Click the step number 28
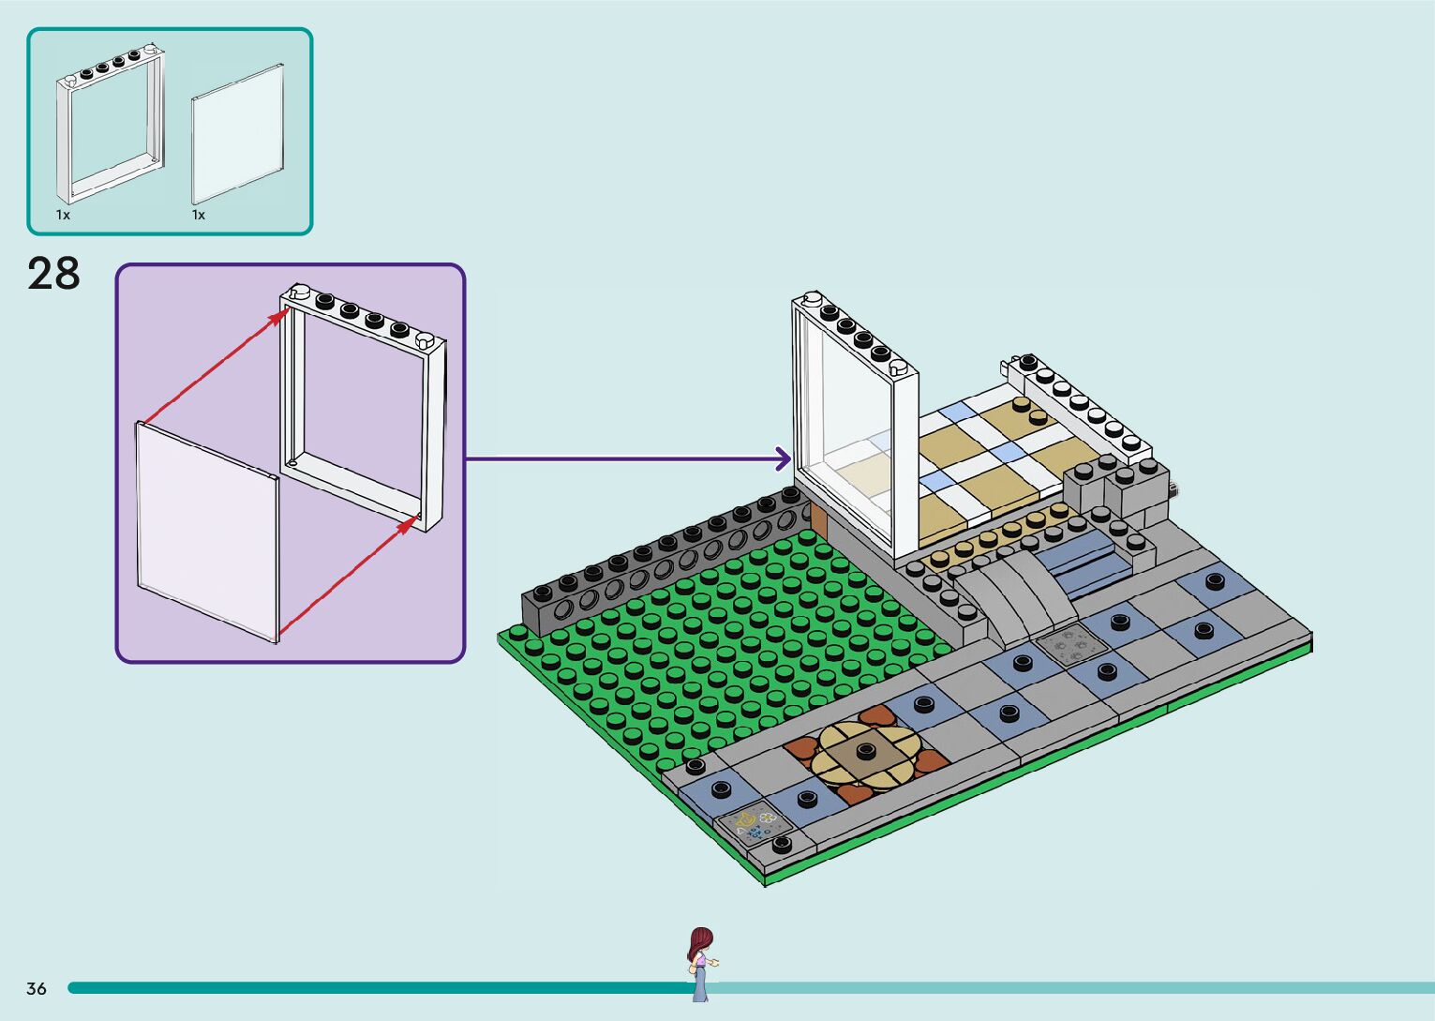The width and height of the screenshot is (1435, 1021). [x=53, y=274]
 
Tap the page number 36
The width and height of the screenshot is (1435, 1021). [x=37, y=988]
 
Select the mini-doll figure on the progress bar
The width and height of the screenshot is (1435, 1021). [x=700, y=963]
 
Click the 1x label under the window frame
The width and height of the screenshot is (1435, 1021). [x=63, y=215]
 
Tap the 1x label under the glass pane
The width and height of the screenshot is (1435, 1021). [x=199, y=215]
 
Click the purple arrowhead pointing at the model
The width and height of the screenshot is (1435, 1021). [x=783, y=458]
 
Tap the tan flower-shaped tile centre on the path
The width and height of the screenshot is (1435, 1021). [x=863, y=754]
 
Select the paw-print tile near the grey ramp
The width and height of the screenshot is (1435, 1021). [x=1070, y=644]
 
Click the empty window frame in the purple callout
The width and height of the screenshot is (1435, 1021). [x=361, y=403]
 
